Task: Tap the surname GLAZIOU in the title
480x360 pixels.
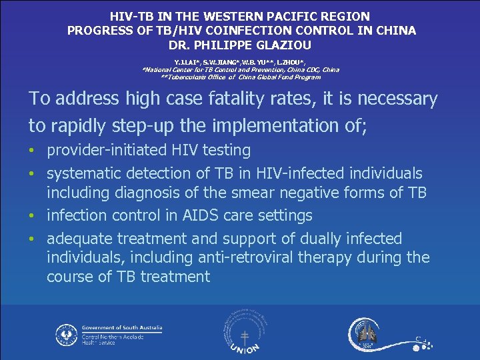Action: [279, 45]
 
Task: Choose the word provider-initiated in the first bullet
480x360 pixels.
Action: [106, 151]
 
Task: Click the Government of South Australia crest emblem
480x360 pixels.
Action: [66, 335]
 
